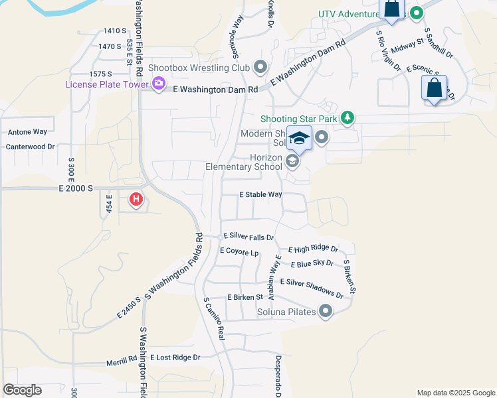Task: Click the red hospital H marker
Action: (x=136, y=198)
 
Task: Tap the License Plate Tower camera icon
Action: (x=159, y=83)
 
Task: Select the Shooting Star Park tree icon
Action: (x=346, y=118)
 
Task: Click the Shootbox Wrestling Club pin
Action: (x=260, y=67)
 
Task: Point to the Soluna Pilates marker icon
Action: (x=326, y=311)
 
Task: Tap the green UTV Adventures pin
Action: (x=417, y=13)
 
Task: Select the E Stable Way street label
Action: (x=261, y=195)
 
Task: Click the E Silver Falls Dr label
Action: (x=248, y=236)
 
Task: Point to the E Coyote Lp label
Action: (x=239, y=252)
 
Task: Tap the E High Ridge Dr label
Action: (x=313, y=250)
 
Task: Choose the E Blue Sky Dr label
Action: (x=312, y=264)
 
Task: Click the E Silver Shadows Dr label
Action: (x=312, y=288)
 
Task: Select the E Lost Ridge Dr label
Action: (x=175, y=358)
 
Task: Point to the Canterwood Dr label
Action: (x=30, y=146)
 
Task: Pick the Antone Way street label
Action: (x=27, y=132)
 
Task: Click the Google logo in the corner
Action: (x=22, y=390)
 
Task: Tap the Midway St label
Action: (x=407, y=45)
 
